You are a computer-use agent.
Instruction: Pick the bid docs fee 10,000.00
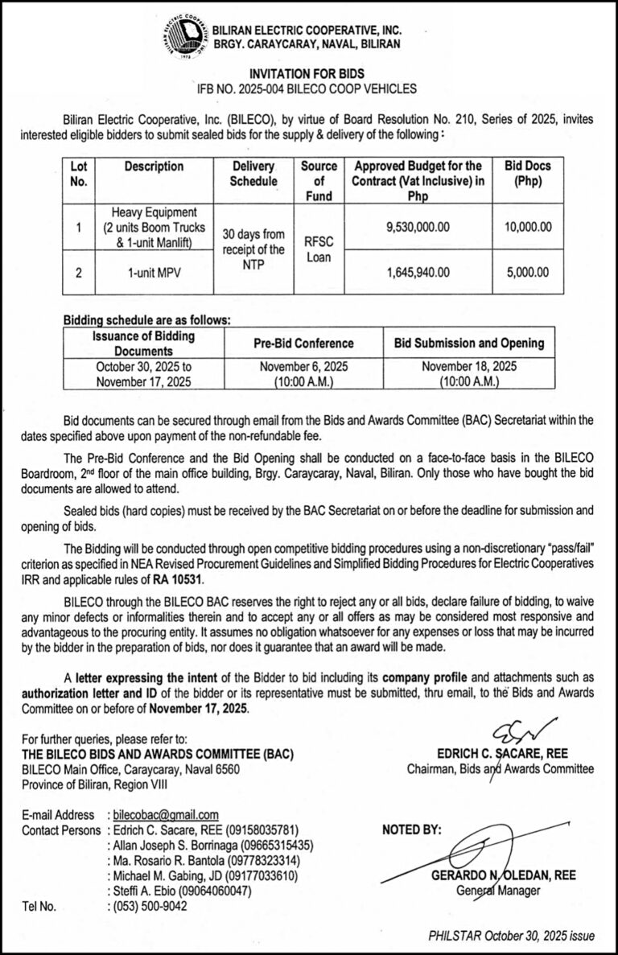pos(528,227)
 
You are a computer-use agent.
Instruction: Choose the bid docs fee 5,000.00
pos(528,272)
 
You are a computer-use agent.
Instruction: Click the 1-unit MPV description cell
pos(154,272)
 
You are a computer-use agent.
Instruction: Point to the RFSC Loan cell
pos(319,249)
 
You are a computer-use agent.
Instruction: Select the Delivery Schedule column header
pos(253,174)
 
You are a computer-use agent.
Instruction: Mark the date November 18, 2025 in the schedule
pos(469,365)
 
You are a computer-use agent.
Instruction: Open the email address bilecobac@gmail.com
pos(166,815)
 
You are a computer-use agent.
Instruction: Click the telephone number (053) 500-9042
pos(150,905)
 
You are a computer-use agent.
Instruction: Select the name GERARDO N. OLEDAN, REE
pos(514,875)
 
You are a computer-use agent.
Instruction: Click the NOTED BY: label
pos(411,829)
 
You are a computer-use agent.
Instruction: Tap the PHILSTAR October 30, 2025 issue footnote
pos(511,936)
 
